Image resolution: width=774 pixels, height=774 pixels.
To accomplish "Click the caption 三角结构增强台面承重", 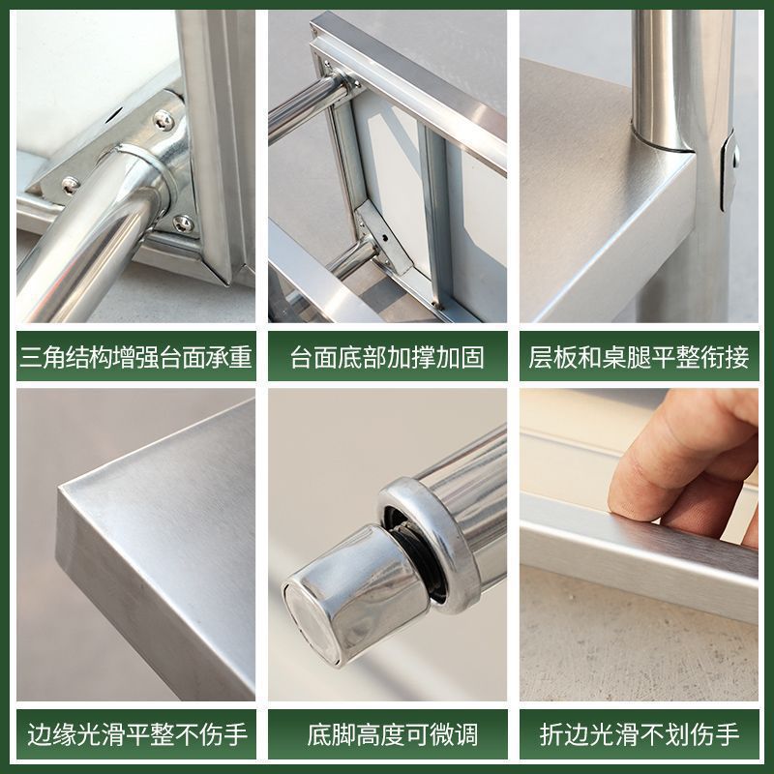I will point(135,358).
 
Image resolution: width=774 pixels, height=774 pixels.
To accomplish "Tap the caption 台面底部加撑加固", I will point(387,358).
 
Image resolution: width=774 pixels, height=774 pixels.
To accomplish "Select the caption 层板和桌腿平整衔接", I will point(639,358).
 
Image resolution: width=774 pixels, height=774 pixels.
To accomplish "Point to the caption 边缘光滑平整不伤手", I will point(135,733).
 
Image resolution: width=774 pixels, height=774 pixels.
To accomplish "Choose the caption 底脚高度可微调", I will point(387,733).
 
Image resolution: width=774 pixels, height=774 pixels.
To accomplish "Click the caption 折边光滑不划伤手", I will point(639,733).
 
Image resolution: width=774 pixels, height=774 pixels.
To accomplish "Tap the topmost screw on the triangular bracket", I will point(164,120).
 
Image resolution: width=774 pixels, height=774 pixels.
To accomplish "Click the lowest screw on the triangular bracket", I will point(183,223).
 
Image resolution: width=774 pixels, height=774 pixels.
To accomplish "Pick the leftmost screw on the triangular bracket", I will point(70,184).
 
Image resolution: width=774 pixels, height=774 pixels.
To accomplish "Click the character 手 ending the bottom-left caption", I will point(237,733).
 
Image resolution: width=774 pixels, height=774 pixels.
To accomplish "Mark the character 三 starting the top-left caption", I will point(31,358).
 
